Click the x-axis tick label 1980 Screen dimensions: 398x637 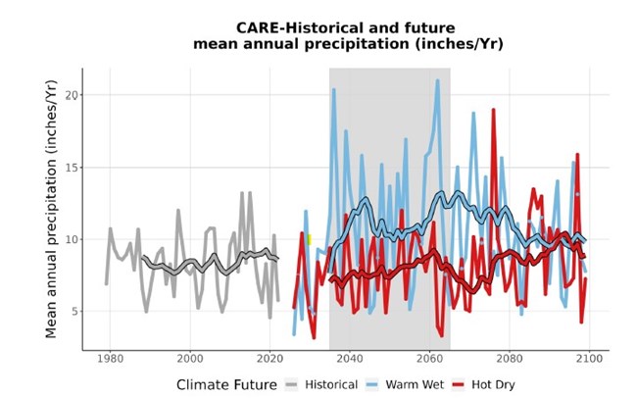110,359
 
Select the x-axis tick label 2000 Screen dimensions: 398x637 190,359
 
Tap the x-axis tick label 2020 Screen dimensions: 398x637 270,359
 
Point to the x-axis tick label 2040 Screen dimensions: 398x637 350,359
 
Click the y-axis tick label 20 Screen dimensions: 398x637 72,95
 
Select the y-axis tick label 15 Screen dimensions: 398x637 72,168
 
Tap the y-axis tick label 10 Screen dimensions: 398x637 72,239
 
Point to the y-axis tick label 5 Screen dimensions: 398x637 74,312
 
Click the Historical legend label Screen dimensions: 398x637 331,384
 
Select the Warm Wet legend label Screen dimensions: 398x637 429,384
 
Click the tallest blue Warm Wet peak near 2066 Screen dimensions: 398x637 437,81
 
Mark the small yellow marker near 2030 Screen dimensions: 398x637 309,238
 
